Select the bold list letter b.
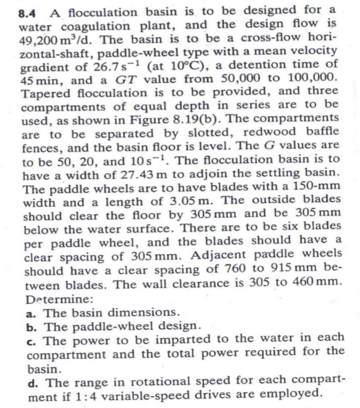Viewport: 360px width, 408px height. pyautogui.click(x=30, y=327)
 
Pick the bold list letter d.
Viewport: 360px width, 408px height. pyautogui.click(x=31, y=382)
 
